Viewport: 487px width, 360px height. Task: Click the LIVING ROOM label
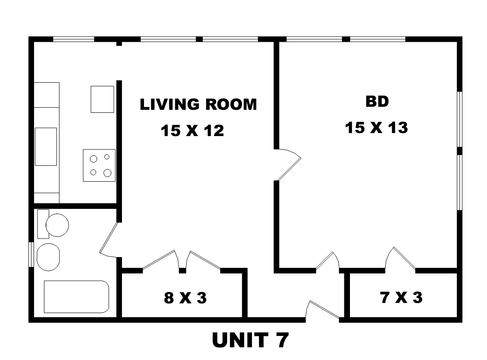tap(198, 104)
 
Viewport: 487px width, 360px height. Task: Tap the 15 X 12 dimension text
tap(192, 130)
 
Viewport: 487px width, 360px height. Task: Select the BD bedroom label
tap(377, 101)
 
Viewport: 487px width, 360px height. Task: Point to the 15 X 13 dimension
tap(376, 127)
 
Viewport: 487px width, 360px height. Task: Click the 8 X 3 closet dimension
tap(185, 298)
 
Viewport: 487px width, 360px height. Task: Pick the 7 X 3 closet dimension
tap(401, 297)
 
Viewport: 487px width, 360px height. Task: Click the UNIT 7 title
tap(250, 340)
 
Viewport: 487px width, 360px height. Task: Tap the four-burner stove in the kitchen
tap(99, 165)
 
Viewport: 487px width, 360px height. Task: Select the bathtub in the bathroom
tap(76, 297)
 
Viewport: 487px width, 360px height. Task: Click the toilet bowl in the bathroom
tap(57, 225)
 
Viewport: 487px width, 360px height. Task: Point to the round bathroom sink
tap(48, 257)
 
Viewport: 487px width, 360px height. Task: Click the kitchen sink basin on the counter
tap(46, 146)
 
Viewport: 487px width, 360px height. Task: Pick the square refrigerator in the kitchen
tap(102, 99)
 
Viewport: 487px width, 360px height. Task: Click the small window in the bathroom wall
tap(31, 254)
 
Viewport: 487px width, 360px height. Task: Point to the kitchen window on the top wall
tap(74, 39)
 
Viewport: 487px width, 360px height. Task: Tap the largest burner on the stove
tap(107, 173)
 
